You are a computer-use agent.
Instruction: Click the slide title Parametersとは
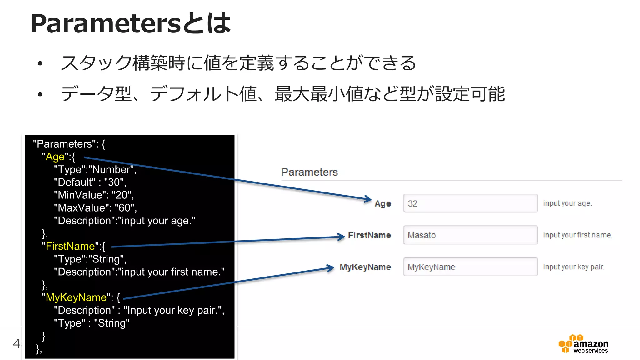[x=131, y=23]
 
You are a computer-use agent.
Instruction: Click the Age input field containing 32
[x=470, y=203]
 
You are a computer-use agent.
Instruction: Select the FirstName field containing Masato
[x=470, y=235]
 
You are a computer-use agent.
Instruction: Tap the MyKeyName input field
[x=470, y=267]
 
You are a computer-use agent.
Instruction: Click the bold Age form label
[x=383, y=204]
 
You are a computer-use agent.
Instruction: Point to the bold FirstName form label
[x=369, y=235]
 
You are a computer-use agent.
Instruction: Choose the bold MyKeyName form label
[x=365, y=267]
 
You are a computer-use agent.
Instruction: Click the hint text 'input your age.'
[x=567, y=203]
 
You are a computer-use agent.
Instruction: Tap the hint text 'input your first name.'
[x=578, y=235]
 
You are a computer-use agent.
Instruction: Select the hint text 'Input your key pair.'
[x=573, y=267]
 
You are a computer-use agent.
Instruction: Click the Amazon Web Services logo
[x=583, y=344]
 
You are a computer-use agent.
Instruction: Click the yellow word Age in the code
[x=55, y=157]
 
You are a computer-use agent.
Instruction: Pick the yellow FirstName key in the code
[x=70, y=246]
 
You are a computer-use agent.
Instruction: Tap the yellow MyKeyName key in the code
[x=76, y=297]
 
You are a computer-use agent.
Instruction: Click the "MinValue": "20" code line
[x=94, y=195]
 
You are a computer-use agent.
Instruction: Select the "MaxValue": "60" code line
[x=95, y=208]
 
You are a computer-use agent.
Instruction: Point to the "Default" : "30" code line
[x=90, y=182]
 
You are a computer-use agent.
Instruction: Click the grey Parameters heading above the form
[x=309, y=172]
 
